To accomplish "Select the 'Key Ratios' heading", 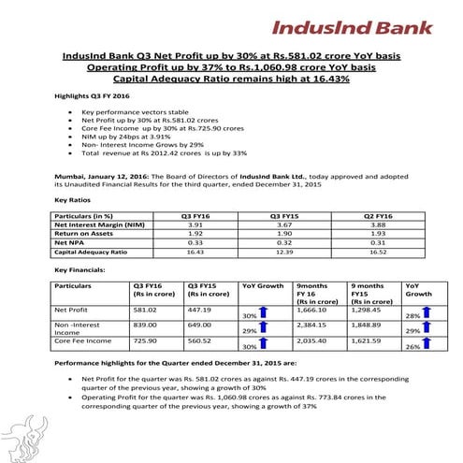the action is coord(74,199).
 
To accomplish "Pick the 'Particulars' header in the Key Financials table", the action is coord(74,285).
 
